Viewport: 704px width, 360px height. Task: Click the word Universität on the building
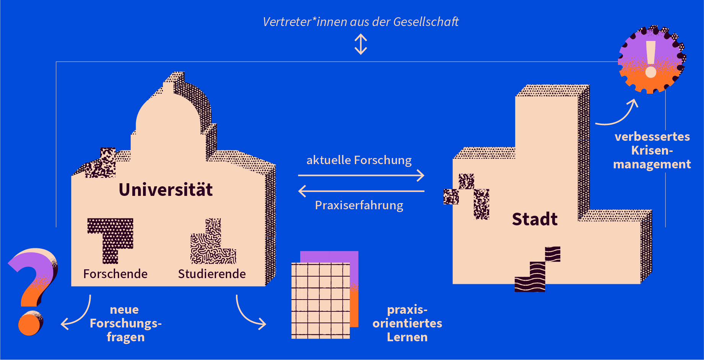[166, 190]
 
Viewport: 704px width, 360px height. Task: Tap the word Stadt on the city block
[535, 219]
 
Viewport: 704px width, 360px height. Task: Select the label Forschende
[115, 274]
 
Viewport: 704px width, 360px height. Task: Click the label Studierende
[212, 274]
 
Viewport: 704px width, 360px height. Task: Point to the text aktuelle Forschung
[359, 160]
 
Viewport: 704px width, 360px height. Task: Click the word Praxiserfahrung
[359, 205]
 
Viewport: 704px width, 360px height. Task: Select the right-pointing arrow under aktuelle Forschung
[361, 176]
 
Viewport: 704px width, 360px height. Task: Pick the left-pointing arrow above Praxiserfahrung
[361, 191]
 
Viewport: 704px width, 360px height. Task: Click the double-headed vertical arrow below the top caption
[361, 44]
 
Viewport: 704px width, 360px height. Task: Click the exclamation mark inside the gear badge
[650, 59]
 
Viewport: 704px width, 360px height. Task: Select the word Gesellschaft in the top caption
[426, 22]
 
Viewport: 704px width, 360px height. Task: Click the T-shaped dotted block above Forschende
[111, 237]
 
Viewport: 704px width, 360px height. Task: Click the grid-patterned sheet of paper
[320, 300]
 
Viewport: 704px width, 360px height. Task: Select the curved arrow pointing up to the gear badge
[619, 115]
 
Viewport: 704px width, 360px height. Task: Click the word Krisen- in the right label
[652, 150]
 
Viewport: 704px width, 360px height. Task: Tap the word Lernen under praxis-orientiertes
[407, 337]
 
